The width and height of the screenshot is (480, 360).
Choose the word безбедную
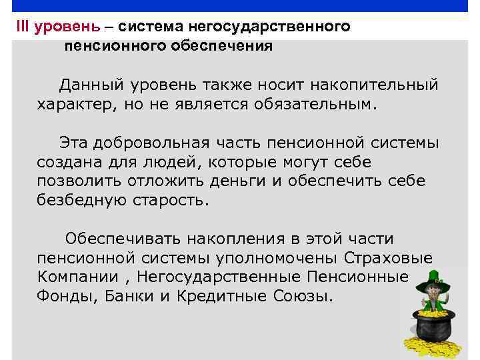tap(75, 201)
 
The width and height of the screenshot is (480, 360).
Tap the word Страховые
tap(389, 258)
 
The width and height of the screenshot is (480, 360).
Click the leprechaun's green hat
tap(434, 276)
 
